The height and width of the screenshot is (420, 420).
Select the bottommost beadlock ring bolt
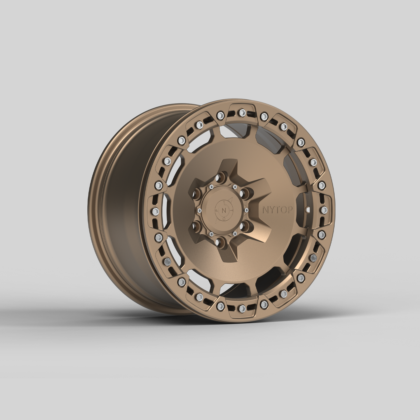click(x=241, y=308)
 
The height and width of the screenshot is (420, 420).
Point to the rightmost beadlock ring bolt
click(x=324, y=209)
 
